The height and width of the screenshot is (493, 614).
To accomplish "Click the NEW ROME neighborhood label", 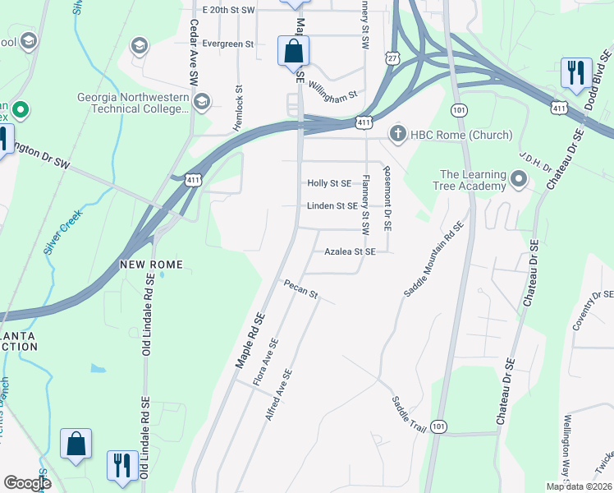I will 151,265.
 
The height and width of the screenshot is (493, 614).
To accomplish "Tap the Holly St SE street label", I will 329,183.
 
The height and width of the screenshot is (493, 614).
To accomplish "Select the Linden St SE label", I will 332,206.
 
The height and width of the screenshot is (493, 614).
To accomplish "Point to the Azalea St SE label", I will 350,252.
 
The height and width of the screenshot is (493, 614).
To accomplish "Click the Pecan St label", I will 300,289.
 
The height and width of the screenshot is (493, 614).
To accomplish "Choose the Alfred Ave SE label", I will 278,395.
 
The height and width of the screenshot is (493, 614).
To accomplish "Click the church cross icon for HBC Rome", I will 398,134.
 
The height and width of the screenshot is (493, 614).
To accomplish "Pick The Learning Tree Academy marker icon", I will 518,178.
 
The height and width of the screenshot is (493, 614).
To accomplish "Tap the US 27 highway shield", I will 394,58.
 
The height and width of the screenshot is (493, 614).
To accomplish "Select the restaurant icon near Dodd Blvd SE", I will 576,72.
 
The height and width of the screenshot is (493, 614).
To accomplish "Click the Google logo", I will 27,483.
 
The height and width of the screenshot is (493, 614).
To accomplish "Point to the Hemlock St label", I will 239,98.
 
